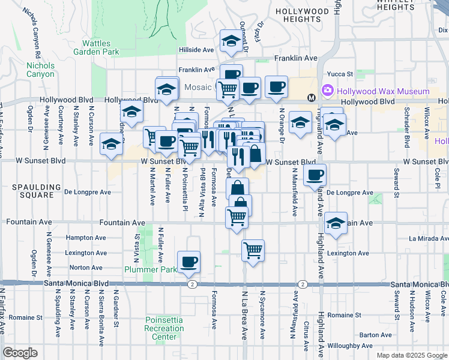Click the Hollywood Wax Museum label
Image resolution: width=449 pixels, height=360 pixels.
pos(383,91)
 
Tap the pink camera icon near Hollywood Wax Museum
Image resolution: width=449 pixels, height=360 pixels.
pos(328,91)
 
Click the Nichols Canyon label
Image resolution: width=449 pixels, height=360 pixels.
pos(40,70)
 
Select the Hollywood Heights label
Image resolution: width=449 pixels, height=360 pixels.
pos(303,16)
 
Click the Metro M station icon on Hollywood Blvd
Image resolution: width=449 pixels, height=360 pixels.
pos(312,98)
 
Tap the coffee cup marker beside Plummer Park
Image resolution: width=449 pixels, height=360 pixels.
pos(189,261)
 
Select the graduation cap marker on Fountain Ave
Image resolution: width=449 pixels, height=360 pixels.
pos(336,223)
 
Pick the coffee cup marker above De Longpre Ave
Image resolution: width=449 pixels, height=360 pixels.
pos(315,175)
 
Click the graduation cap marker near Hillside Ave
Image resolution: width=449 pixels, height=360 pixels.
pos(230,41)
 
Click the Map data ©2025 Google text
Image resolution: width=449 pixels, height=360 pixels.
pos(412,355)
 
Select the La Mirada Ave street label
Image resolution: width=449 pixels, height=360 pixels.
pos(429,238)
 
